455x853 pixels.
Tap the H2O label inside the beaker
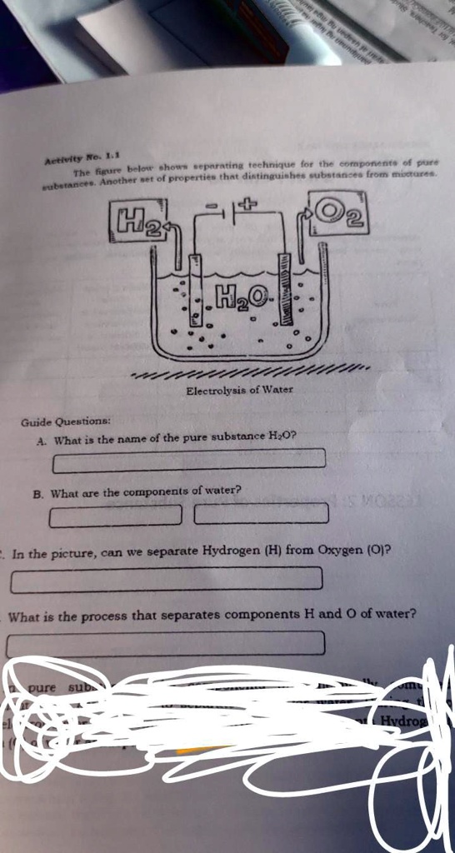point(243,294)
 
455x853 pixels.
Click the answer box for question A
point(189,459)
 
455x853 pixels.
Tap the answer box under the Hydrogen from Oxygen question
point(165,578)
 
